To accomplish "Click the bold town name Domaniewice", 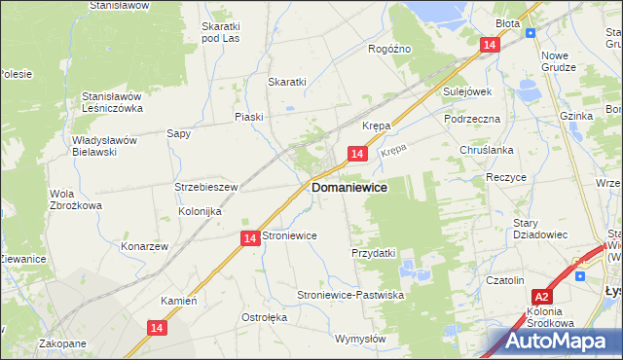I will (x=348, y=187).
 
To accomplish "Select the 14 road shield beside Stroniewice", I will (x=250, y=238).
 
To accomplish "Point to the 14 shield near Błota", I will (x=491, y=46).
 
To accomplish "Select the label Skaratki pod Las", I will (x=220, y=32).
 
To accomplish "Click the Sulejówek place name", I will (x=467, y=91).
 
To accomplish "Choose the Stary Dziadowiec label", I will (x=538, y=228).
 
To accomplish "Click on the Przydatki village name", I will (x=373, y=253).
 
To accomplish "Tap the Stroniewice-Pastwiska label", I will (x=349, y=295).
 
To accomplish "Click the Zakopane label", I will (x=63, y=343).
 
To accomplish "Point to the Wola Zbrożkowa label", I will (x=76, y=199).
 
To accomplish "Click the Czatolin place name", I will (x=505, y=280).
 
